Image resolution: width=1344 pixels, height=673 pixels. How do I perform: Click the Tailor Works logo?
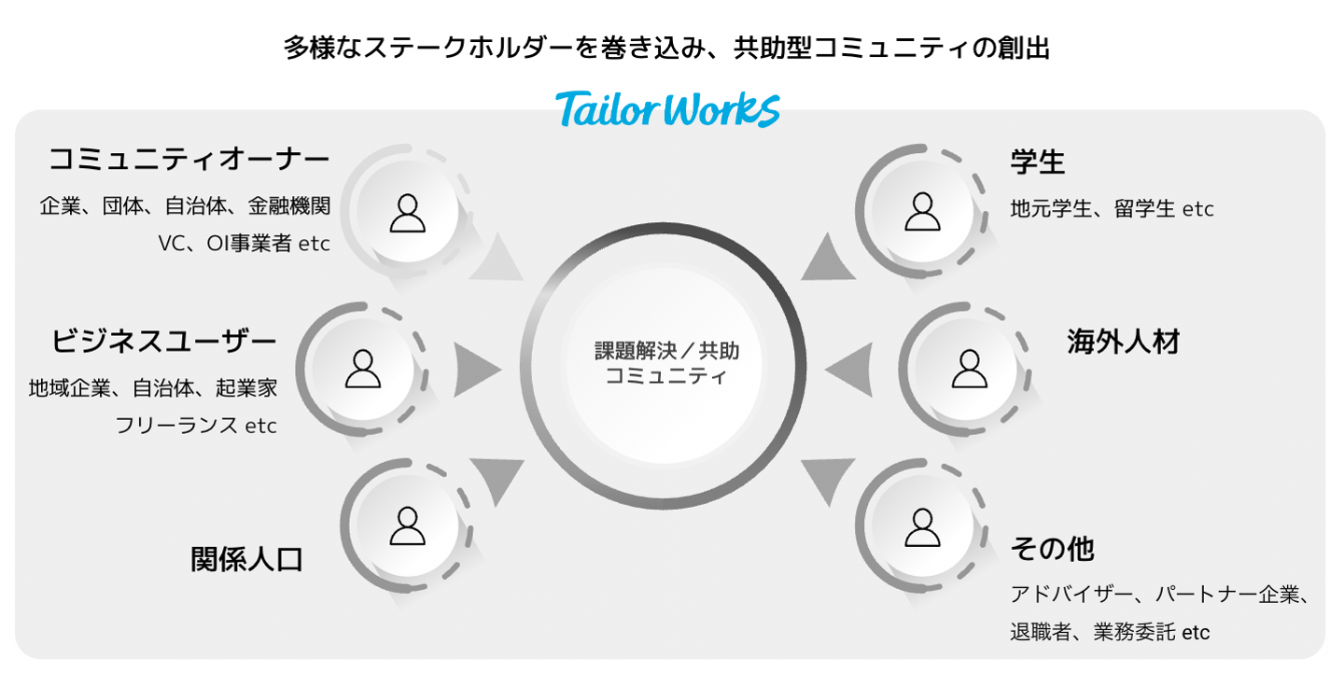(x=667, y=108)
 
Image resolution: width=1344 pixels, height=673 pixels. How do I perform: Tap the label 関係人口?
(x=247, y=559)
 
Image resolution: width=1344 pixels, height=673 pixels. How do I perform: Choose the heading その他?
(x=1052, y=549)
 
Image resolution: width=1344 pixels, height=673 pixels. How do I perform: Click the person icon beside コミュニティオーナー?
(x=407, y=213)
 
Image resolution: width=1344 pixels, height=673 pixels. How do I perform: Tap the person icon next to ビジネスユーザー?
(x=363, y=369)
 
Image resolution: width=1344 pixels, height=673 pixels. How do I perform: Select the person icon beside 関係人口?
(x=407, y=526)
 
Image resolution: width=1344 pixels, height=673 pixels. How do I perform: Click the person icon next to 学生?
(x=922, y=212)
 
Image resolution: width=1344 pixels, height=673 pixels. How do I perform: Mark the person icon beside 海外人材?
(x=969, y=369)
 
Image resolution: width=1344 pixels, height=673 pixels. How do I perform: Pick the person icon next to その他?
(x=922, y=527)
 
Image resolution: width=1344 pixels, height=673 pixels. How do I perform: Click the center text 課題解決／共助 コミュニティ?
(x=666, y=364)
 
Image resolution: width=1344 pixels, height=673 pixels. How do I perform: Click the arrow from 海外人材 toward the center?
(x=850, y=369)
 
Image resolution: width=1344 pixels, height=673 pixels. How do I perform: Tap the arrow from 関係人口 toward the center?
(x=499, y=478)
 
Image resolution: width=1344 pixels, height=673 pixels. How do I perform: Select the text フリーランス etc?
(x=196, y=426)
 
